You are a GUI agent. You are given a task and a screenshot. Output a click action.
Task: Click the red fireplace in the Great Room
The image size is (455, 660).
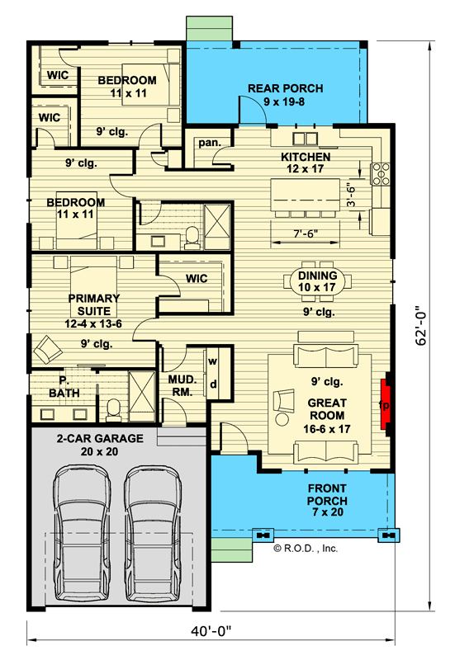point(385,405)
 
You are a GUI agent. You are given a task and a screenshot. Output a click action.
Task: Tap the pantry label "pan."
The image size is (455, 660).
point(207,143)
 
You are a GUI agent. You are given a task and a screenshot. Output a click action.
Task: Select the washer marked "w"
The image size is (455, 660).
point(212,361)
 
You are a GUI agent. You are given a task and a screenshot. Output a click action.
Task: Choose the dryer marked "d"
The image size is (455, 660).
point(212,384)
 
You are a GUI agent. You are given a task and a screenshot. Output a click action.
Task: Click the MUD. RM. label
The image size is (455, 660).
point(182,385)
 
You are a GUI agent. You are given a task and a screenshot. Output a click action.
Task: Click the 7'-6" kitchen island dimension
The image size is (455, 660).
point(306,233)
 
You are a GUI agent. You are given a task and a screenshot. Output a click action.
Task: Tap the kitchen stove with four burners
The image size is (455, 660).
point(382,173)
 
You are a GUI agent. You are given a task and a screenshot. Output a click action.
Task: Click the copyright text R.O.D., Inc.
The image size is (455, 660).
point(306,546)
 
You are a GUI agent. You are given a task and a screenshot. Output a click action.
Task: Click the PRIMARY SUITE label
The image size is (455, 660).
point(94,305)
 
